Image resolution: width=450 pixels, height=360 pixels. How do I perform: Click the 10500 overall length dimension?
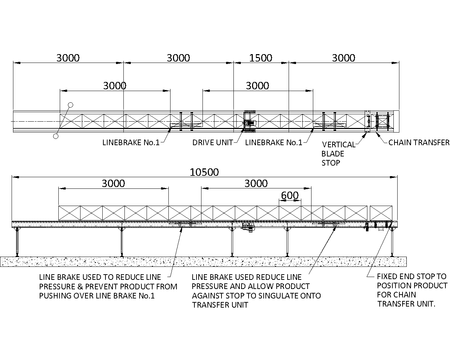[204, 172]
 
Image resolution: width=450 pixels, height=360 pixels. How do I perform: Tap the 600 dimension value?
[290, 195]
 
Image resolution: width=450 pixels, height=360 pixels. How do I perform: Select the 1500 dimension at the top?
[261, 58]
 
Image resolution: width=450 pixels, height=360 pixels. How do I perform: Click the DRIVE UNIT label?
[212, 143]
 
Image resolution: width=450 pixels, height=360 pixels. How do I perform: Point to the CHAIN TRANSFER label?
[419, 143]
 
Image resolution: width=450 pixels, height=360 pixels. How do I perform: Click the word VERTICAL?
[339, 144]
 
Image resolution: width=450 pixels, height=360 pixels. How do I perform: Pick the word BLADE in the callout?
[333, 154]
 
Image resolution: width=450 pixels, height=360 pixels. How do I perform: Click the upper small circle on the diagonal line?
[71, 105]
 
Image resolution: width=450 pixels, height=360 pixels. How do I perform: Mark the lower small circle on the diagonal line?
[56, 136]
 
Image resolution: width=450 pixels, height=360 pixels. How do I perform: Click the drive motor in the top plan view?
[250, 123]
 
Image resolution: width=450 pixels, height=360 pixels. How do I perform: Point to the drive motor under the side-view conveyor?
[249, 227]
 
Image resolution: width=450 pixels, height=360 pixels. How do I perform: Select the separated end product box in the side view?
[381, 213]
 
